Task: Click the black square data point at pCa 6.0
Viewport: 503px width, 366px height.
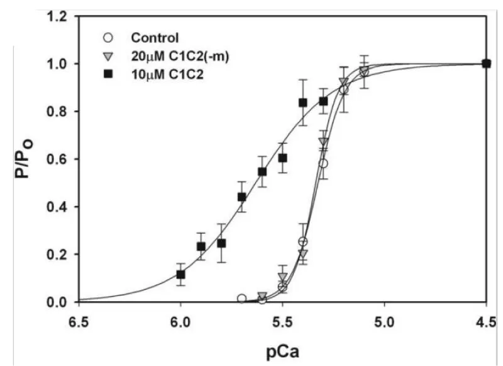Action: pyautogui.click(x=180, y=275)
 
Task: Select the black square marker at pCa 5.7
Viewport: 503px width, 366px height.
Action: pyautogui.click(x=241, y=197)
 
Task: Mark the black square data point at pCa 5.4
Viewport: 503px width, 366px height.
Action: pyautogui.click(x=302, y=103)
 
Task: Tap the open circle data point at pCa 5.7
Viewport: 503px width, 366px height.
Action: pyautogui.click(x=241, y=299)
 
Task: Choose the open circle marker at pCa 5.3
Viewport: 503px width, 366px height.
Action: pyautogui.click(x=323, y=163)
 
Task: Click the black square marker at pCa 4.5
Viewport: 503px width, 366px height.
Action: pyautogui.click(x=486, y=63)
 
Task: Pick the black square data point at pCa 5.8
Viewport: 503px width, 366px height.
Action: pyautogui.click(x=221, y=243)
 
